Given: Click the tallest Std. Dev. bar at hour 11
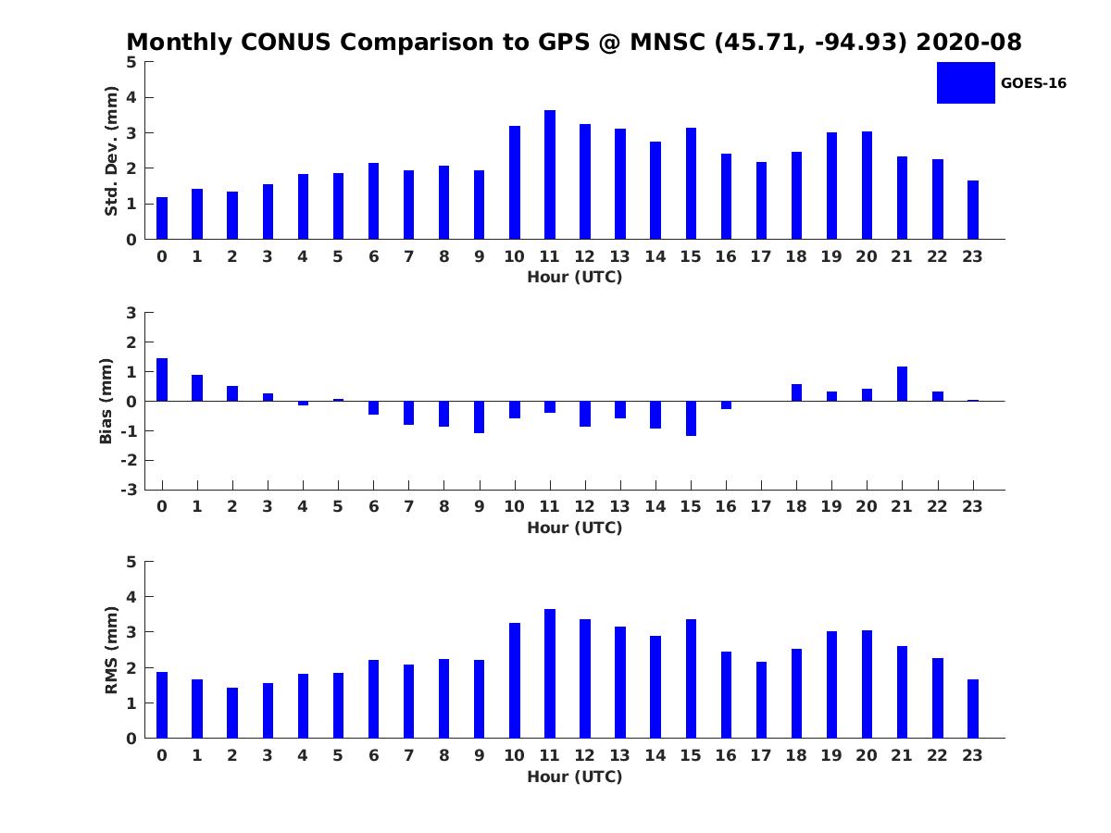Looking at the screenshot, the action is click(x=550, y=175).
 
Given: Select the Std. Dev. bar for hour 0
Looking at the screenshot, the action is click(x=162, y=218).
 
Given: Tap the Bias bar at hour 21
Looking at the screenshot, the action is click(x=902, y=384).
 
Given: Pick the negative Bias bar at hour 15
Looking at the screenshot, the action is click(x=691, y=418).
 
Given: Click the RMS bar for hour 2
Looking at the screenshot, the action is click(x=232, y=713).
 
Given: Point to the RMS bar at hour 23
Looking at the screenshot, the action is click(x=973, y=709).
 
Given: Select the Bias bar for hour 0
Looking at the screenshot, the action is click(x=162, y=379).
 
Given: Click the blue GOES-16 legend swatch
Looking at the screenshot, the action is click(x=966, y=83).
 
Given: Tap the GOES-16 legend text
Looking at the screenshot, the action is click(x=1033, y=83).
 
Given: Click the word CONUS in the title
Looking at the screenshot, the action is click(x=285, y=42).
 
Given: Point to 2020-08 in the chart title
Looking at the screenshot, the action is click(x=968, y=42).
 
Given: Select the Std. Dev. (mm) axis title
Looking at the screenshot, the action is click(x=111, y=151).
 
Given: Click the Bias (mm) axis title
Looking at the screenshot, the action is click(x=106, y=401).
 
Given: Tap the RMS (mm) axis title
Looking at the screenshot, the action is click(x=111, y=650).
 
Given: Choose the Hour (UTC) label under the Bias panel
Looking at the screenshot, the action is click(x=575, y=528).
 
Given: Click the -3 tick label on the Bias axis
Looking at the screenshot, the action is click(x=129, y=490).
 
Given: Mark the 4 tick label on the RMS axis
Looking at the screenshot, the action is click(x=131, y=597).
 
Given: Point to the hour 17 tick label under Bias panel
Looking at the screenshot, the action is click(x=761, y=506).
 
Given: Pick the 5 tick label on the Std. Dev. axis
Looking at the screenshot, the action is click(x=131, y=62).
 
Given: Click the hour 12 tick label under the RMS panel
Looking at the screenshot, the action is click(x=584, y=755).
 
